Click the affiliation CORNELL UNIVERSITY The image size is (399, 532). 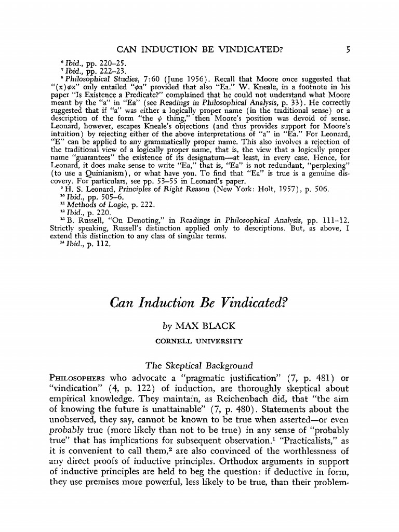[x=200, y=341]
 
